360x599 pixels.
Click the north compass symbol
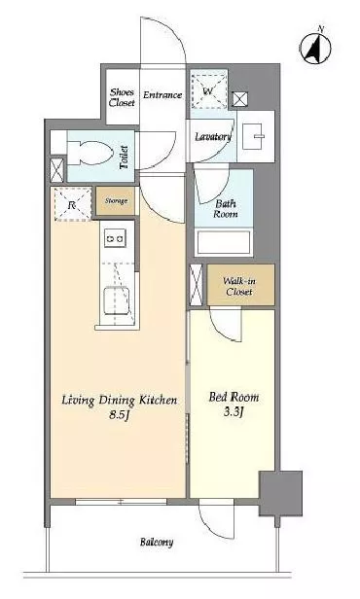[315, 48]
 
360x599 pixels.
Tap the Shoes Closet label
[122, 97]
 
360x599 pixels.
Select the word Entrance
[162, 94]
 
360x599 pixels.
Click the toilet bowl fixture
[90, 153]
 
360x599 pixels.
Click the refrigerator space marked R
[73, 204]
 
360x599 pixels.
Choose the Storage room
[116, 200]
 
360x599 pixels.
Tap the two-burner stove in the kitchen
[115, 238]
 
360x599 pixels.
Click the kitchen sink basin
[117, 300]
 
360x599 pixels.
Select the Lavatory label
[213, 137]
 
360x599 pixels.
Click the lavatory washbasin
[253, 136]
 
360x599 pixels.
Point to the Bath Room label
[226, 208]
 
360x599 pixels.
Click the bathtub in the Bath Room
[224, 241]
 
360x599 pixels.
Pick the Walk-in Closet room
[240, 285]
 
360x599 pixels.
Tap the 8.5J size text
[118, 414]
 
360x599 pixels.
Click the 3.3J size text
[234, 412]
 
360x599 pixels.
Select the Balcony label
[157, 542]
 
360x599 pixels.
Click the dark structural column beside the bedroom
[281, 493]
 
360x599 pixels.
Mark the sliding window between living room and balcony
[121, 502]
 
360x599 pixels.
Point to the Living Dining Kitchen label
[120, 400]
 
